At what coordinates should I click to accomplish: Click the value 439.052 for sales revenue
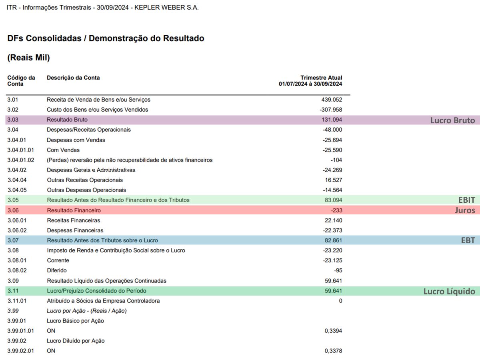tap(332, 100)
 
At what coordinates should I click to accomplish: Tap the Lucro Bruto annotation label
tap(452, 120)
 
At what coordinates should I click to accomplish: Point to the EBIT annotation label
tap(466, 200)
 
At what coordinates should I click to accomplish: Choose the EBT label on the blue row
tap(468, 240)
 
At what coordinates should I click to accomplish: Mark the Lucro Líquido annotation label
tap(449, 292)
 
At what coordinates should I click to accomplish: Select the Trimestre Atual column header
tap(321, 78)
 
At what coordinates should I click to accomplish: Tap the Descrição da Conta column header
tap(73, 78)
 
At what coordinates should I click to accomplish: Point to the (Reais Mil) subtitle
tap(28, 58)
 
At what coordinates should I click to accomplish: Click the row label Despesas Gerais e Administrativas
tap(91, 170)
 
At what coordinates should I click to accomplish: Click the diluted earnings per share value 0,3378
tap(333, 351)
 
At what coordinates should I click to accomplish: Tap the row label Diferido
tap(56, 270)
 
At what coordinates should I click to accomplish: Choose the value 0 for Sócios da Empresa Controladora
tap(340, 301)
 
